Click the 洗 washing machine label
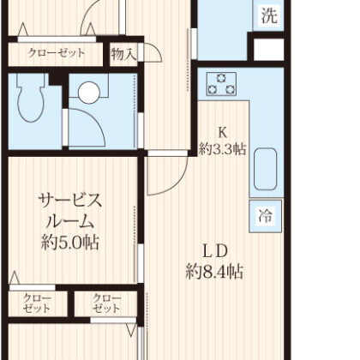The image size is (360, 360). point(269,15)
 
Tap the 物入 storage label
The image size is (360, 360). point(124,54)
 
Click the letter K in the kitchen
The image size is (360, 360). point(222,132)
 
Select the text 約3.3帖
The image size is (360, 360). point(223,148)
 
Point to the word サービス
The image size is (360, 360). point(71,202)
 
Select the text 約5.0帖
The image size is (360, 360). point(71,242)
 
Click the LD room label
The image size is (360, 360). point(213,251)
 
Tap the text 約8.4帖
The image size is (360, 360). point(213,272)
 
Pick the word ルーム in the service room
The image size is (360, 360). point(71,222)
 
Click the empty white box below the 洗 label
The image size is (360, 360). point(268,48)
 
